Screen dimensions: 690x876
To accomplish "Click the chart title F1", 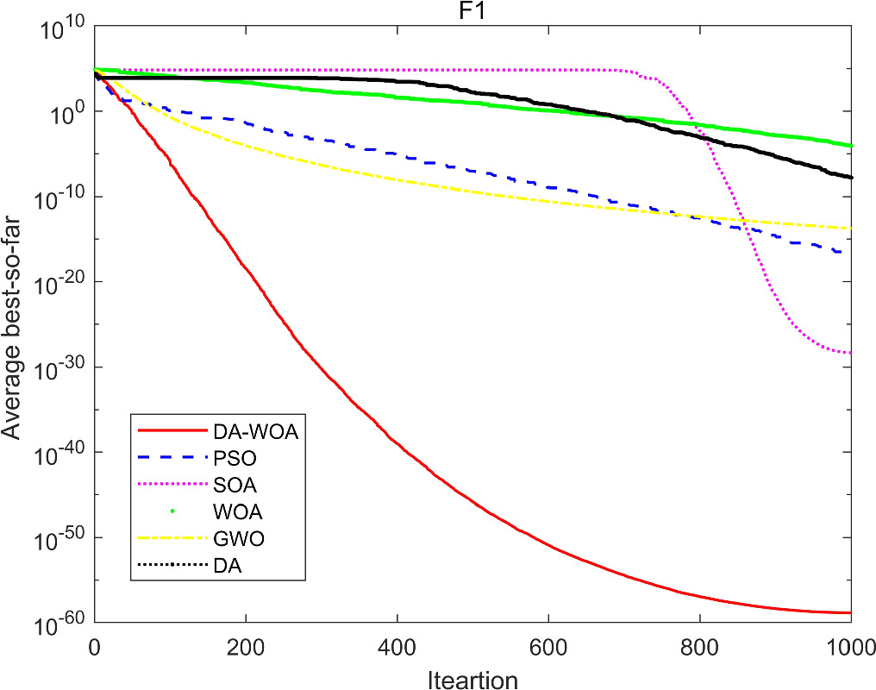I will pos(472,11).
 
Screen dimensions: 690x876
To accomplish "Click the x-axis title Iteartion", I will pos(472,680).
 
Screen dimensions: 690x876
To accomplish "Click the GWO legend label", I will pos(231,539).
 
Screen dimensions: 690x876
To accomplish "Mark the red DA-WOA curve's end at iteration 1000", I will pos(850,612).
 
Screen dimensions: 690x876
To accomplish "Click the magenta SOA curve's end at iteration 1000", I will pos(850,352).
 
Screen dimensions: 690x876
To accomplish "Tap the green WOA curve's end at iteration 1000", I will pos(850,146).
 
